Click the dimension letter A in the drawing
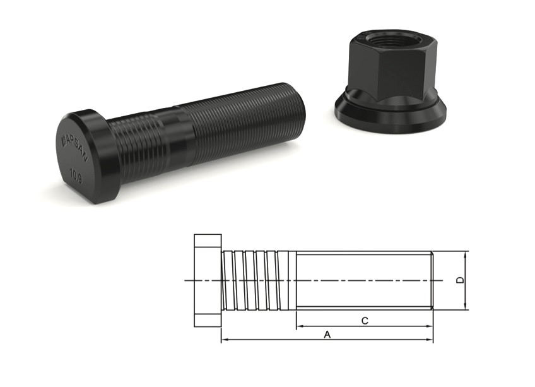coord(327,335)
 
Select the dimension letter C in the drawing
coord(365,321)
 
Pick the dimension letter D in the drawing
coord(461,280)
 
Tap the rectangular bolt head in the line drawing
coord(208,280)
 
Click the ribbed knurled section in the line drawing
coord(259,280)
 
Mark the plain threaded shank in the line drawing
coord(363,280)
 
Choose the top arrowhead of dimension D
coord(466,254)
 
